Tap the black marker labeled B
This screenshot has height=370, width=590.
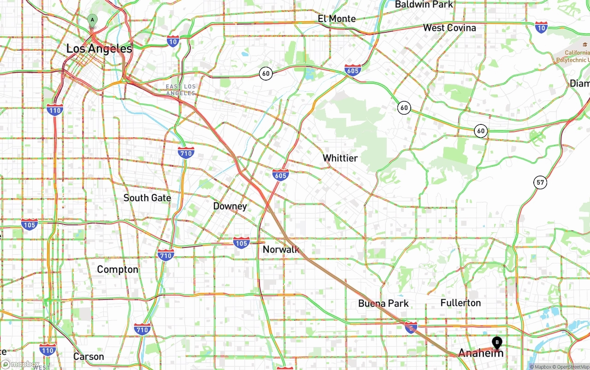click(497, 342)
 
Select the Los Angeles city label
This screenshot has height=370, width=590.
click(99, 48)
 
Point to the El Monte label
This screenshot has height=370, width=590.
click(336, 18)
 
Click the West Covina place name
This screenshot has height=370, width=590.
click(449, 28)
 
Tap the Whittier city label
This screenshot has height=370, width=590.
click(340, 158)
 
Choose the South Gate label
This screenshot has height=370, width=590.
click(147, 198)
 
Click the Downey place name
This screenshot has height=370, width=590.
click(230, 206)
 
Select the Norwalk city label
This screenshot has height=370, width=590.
click(281, 249)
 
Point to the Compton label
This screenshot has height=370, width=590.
click(117, 270)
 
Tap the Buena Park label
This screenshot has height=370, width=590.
click(383, 303)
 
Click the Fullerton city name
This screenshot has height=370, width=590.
click(460, 303)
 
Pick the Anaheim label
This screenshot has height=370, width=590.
click(480, 353)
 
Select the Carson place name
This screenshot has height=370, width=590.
click(88, 357)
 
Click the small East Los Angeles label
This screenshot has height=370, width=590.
click(181, 90)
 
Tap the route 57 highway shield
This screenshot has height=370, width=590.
click(541, 182)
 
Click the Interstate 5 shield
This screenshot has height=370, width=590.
click(411, 328)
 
